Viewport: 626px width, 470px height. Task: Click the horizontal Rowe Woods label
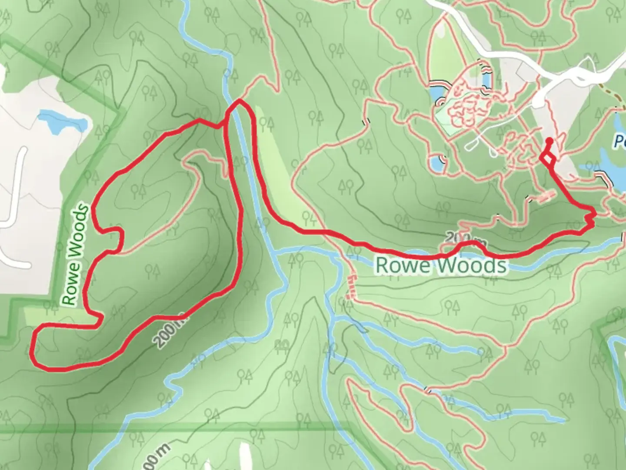point(441,265)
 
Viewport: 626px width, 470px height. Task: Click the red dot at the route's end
point(549,140)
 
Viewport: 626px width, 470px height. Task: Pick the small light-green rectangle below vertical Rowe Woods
point(61,317)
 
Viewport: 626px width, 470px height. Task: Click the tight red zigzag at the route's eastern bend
point(590,218)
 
